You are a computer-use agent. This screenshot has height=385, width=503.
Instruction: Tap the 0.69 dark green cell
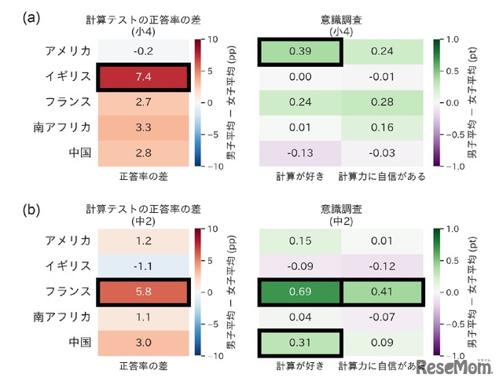point(301,291)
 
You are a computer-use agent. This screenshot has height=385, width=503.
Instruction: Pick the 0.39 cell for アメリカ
point(301,51)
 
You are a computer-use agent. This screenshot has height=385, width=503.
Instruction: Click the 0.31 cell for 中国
point(301,342)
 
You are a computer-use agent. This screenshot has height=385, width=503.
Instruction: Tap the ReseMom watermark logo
point(456,367)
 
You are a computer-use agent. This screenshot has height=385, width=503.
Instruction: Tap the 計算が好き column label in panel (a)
point(301,176)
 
